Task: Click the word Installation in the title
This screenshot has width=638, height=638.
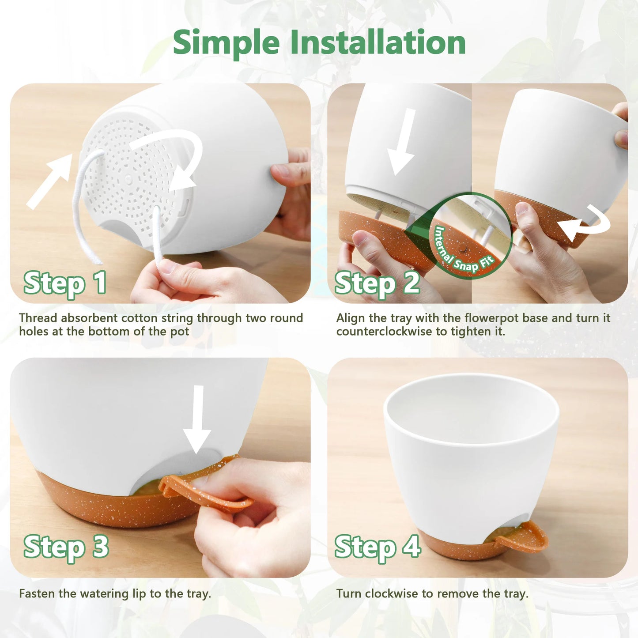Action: [378, 43]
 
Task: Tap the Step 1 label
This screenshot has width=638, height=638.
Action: [65, 283]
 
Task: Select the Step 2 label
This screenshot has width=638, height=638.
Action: [377, 283]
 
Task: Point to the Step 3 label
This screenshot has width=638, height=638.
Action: [66, 547]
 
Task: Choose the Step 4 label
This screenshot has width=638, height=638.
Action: [377, 547]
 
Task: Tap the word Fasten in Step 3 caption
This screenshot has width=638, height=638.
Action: [37, 593]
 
